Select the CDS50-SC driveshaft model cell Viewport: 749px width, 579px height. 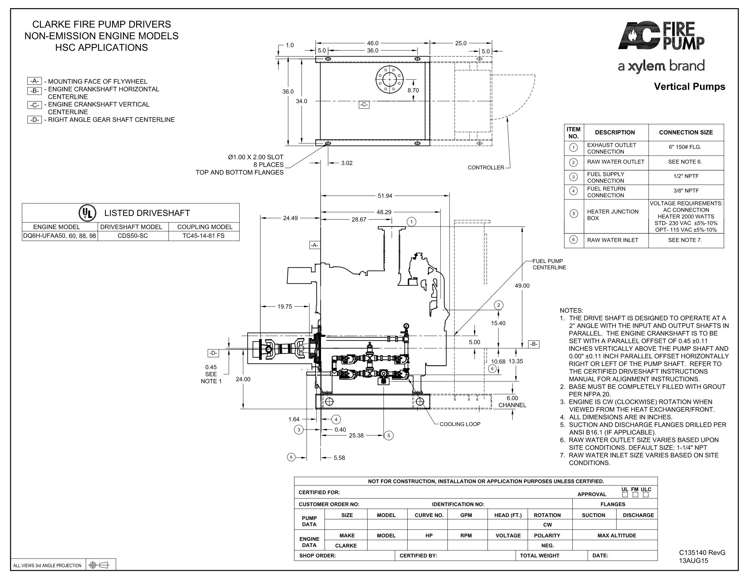pyautogui.click(x=133, y=236)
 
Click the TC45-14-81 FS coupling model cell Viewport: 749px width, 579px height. pyautogui.click(x=203, y=236)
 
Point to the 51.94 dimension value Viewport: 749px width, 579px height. pyautogui.click(x=385, y=196)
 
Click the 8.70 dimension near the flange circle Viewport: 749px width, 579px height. pyautogui.click(x=413, y=91)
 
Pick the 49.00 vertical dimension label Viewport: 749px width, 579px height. pyautogui.click(x=522, y=286)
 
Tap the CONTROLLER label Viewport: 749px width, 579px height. pyautogui.click(x=486, y=168)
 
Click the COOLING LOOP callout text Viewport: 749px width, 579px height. pyautogui.click(x=460, y=424)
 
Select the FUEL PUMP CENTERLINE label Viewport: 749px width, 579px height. pyautogui.click(x=549, y=264)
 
